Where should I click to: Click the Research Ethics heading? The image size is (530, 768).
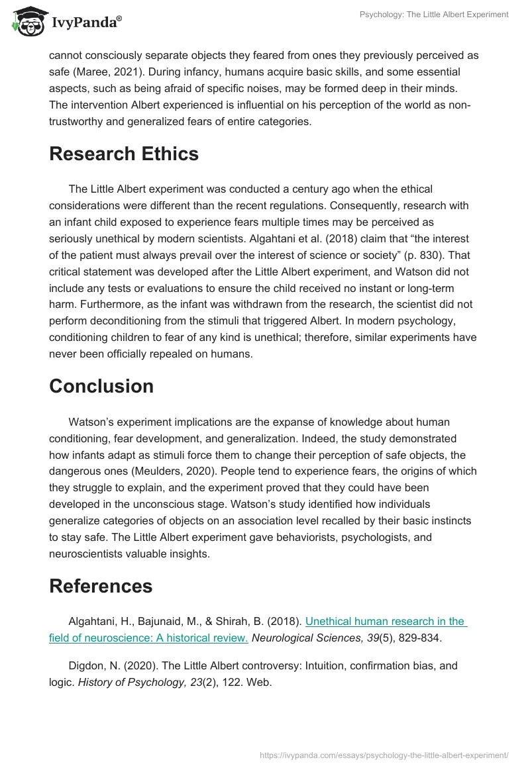(x=124, y=154)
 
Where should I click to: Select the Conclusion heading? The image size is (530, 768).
(x=101, y=386)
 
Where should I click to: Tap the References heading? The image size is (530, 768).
(x=101, y=586)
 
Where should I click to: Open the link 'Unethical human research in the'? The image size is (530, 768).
(x=386, y=622)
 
